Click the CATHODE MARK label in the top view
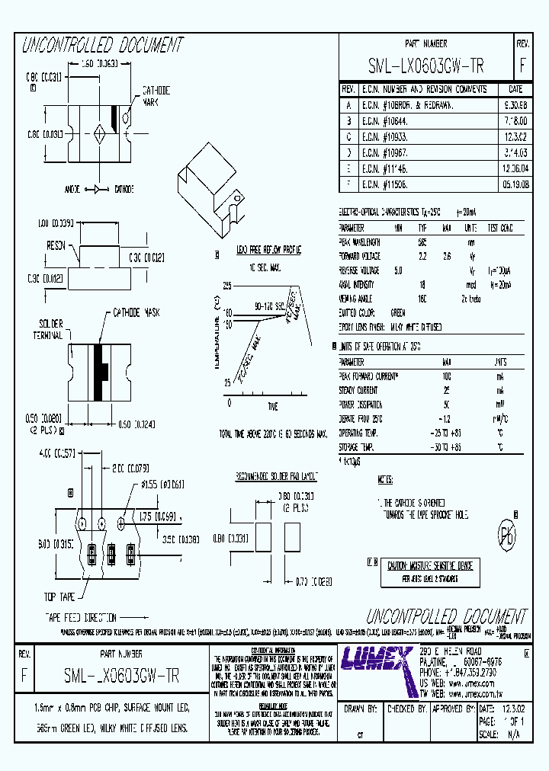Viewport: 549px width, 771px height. (156, 95)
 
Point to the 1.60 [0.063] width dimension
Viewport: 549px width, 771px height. (91, 66)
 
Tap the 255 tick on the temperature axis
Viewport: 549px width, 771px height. (226, 286)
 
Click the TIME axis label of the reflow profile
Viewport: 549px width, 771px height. (272, 407)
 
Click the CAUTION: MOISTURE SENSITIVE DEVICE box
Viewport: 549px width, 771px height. (429, 566)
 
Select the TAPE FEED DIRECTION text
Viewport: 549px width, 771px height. (80, 617)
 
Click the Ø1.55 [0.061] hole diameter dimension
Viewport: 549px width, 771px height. (162, 485)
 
